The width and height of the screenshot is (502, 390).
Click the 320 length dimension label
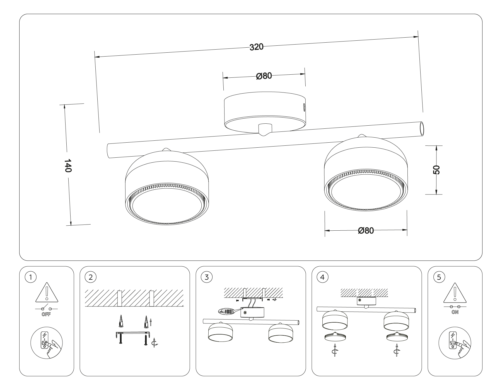click(x=256, y=47)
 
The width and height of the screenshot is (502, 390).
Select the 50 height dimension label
click(x=436, y=170)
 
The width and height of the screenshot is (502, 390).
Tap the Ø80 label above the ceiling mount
click(x=264, y=75)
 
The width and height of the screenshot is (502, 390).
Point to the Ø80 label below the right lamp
click(x=366, y=230)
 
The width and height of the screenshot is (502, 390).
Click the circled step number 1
click(x=30, y=277)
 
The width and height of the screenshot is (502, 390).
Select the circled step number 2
click(x=91, y=277)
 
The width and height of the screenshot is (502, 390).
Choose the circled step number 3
click(x=207, y=277)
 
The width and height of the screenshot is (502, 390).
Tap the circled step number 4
click(x=323, y=277)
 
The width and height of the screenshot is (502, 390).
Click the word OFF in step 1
click(x=46, y=315)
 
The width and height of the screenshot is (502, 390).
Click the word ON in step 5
click(x=455, y=312)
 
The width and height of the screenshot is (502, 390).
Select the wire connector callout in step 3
click(x=226, y=312)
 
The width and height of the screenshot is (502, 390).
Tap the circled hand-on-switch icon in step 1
click(x=46, y=343)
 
